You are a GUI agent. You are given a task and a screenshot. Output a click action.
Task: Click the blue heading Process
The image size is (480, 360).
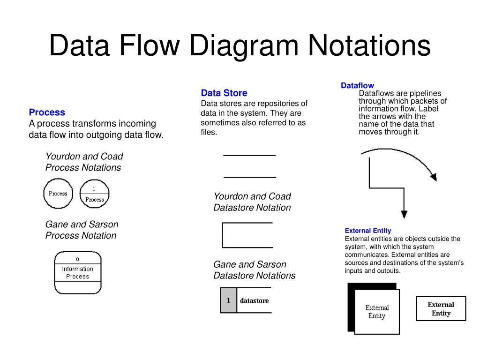tap(47, 112)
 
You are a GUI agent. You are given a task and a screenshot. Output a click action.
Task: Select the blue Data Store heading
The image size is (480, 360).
tap(224, 93)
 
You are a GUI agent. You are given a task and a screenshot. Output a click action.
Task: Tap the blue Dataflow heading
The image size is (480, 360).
tap(357, 85)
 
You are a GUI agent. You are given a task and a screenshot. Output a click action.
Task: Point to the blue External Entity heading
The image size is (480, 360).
tap(368, 231)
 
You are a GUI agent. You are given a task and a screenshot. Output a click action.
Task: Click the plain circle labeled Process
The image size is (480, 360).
tap(58, 194)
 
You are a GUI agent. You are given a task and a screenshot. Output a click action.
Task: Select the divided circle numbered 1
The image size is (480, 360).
tap(94, 194)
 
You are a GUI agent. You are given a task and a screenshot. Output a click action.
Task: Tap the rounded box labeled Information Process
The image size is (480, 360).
tap(77, 273)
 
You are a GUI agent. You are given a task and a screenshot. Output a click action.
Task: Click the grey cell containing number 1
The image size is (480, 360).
tap(229, 300)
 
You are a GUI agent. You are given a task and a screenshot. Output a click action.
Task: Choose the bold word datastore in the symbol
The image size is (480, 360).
tap(255, 300)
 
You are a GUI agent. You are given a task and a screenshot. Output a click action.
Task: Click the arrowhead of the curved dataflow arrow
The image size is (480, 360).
tap(433, 178)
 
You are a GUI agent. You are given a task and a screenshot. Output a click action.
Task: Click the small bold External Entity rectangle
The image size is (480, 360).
tap(441, 308)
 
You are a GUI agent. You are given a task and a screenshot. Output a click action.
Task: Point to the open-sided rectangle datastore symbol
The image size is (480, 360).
tap(247, 235)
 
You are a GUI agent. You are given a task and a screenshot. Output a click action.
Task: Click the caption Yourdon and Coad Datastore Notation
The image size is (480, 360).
tap(252, 202)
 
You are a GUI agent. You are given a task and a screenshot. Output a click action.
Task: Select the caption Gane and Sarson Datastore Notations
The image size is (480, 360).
tap(255, 270)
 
